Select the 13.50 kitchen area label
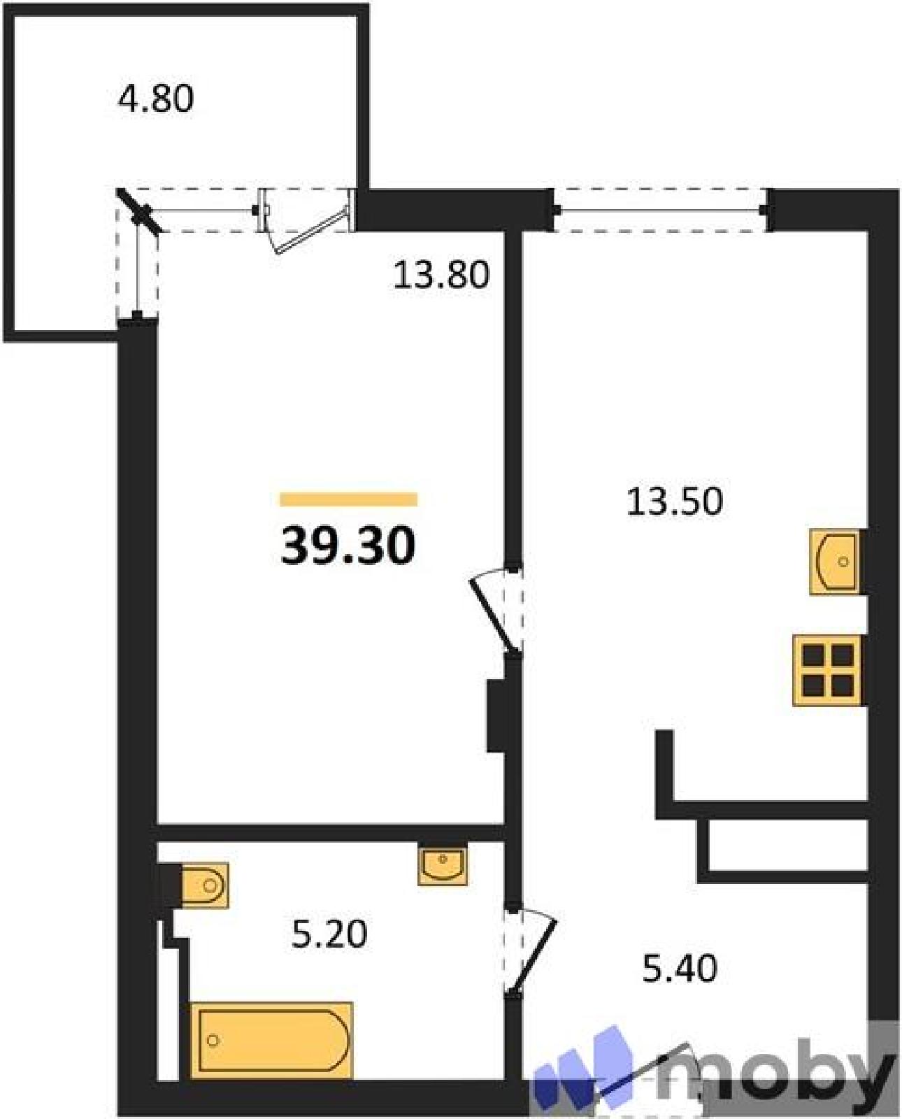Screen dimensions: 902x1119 coord(675,501)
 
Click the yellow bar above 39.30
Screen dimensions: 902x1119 coord(348,499)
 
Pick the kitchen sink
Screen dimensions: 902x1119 coord(834,562)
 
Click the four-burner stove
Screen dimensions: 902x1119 coord(826,670)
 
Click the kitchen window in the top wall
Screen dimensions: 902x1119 coord(660,210)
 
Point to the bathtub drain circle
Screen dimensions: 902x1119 coord(213,1050)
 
